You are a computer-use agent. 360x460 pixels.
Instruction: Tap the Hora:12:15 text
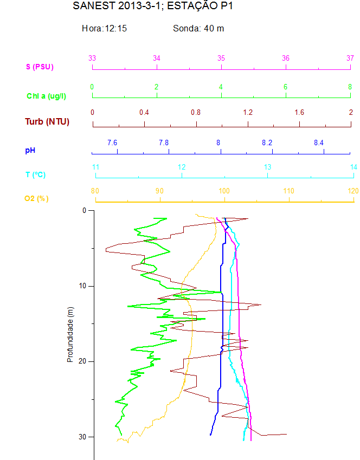[x=104, y=28]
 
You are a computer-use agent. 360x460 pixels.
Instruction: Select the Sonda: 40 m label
[x=198, y=28]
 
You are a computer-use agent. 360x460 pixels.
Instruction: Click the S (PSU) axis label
[x=40, y=67]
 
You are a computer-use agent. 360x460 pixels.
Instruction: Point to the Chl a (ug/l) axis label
[x=47, y=96]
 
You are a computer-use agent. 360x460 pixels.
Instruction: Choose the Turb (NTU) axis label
[x=47, y=121]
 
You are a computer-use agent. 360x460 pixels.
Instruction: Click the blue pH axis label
[x=30, y=150]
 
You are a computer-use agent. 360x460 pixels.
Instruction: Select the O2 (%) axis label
[x=36, y=199]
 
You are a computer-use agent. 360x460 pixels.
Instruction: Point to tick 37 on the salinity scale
[x=350, y=58]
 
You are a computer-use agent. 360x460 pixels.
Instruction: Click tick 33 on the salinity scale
[x=92, y=58]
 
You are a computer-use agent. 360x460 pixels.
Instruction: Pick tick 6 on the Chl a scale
[x=286, y=87]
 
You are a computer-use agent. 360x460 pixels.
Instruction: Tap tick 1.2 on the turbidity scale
[x=248, y=113]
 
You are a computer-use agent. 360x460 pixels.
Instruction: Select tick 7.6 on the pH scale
[x=112, y=142]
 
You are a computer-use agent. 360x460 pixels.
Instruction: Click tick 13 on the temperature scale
[x=268, y=167]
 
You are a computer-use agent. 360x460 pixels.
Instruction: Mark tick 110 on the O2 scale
[x=288, y=191]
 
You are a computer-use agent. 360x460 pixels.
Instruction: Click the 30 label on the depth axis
[x=82, y=437]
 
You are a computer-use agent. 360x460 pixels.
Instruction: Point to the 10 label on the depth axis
[x=82, y=286]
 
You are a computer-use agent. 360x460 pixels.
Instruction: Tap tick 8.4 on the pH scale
[x=319, y=142]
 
